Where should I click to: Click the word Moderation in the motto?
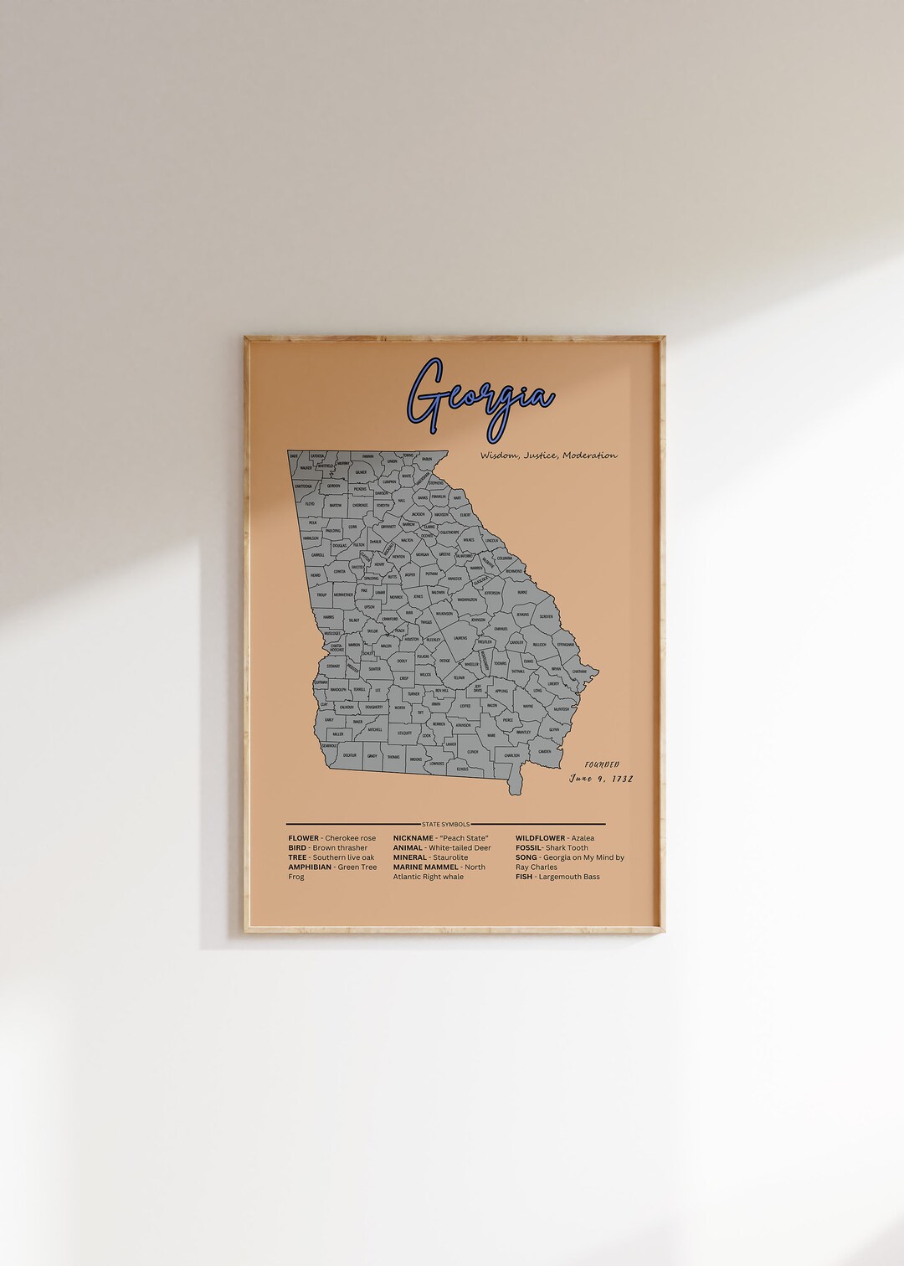[x=590, y=455]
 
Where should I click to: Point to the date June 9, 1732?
[x=601, y=779]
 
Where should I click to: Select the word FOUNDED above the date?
[x=603, y=764]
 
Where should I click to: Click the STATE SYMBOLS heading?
[x=446, y=824]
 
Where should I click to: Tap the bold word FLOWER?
[x=303, y=838]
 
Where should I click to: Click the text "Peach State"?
[x=465, y=838]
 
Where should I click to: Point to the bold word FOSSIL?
[x=529, y=847]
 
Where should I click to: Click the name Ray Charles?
[x=537, y=867]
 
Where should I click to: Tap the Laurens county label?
[x=460, y=638]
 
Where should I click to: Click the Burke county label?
[x=522, y=592]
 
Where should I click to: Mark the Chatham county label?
[x=578, y=672]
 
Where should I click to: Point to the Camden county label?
[x=545, y=751]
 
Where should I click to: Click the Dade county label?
[x=294, y=455]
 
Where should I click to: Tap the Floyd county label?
[x=310, y=504]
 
